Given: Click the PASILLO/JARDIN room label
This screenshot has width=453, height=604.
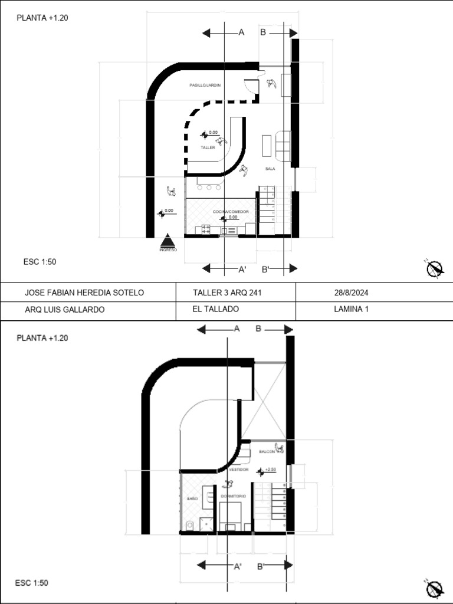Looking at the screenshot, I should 205,86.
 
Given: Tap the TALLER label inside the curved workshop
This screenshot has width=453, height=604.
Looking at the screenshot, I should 208,148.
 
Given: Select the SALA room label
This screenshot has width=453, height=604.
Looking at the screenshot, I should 270,169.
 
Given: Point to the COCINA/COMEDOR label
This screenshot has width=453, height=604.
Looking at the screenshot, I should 231,211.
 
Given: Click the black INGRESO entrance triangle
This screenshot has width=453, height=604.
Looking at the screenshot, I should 168,241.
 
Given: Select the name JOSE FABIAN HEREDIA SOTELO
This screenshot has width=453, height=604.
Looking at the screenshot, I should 84,293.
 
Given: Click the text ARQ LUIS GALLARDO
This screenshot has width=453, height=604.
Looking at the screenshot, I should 64,310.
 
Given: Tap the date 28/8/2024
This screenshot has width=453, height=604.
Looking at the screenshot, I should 352,293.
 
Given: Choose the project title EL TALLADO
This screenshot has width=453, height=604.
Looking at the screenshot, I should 215,309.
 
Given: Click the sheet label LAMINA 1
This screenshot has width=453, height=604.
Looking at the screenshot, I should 351,309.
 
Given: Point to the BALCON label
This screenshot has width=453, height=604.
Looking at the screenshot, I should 267,452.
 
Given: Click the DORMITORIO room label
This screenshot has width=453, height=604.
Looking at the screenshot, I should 233,497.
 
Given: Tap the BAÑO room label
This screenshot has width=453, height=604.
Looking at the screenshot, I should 192,499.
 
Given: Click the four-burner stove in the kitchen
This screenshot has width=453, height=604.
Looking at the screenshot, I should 206,229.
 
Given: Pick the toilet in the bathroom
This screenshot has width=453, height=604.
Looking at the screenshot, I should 189,525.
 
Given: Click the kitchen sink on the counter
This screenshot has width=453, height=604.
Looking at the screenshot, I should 228,231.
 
